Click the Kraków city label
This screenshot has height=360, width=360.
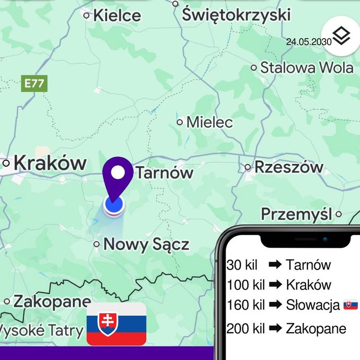50,163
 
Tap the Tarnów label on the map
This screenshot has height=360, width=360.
164,173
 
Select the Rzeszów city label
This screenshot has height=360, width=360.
288,167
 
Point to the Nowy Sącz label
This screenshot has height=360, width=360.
146,244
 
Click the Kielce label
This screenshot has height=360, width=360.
116,15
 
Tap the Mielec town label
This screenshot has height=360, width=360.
209,122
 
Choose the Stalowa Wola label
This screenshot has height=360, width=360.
306,67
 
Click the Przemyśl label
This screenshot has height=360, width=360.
296,214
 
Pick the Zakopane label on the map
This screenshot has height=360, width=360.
52,301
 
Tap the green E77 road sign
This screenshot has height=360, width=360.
35,84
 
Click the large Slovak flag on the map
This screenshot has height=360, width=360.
116,323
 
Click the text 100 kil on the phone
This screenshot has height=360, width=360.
245,285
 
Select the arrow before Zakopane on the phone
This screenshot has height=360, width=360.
275,328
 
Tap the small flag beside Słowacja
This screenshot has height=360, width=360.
351,305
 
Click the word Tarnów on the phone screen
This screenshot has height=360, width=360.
308,265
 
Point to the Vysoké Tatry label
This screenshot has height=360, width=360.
41,330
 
